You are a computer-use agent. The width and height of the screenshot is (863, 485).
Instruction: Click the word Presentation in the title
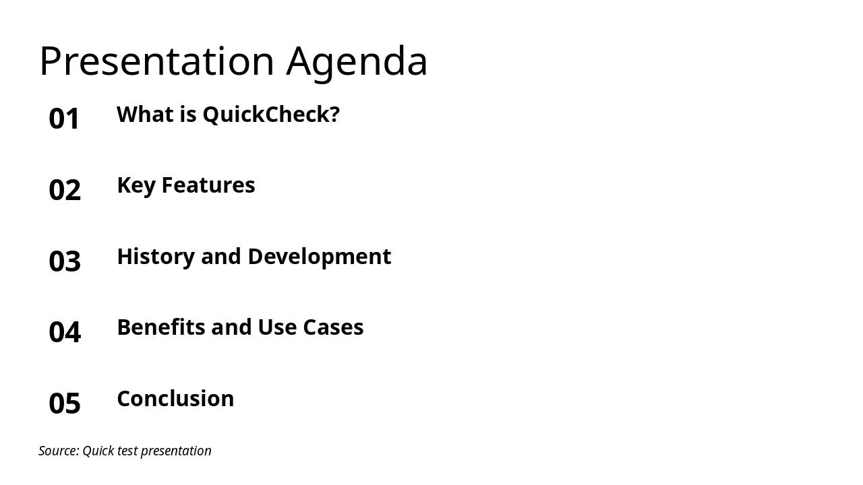tap(156, 61)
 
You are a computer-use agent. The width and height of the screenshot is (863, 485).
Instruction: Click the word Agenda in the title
tap(357, 62)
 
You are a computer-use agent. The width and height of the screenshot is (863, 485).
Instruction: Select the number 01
tap(65, 119)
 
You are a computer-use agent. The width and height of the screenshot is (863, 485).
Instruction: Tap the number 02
tap(65, 190)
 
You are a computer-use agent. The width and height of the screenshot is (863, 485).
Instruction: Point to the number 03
tap(65, 261)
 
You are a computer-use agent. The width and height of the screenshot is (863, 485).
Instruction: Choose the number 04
tap(65, 332)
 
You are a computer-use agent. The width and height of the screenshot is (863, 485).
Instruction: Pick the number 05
tap(65, 403)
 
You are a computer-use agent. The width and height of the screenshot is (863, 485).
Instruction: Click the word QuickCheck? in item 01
tap(271, 115)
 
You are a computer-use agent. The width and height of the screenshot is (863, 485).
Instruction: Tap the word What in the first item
tap(145, 115)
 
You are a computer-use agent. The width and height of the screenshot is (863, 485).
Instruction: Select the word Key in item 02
tap(136, 185)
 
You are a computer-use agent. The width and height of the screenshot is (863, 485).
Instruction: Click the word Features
tap(208, 185)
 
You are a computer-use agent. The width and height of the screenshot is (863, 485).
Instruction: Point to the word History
tap(156, 257)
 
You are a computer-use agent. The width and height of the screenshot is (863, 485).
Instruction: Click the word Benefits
tap(161, 327)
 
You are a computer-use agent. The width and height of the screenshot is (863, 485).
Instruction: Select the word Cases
tap(333, 327)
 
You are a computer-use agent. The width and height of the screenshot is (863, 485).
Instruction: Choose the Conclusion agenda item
tap(175, 399)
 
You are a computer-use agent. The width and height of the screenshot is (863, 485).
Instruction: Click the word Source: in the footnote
tap(59, 451)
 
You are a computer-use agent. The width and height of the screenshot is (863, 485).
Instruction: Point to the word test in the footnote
tap(127, 451)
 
